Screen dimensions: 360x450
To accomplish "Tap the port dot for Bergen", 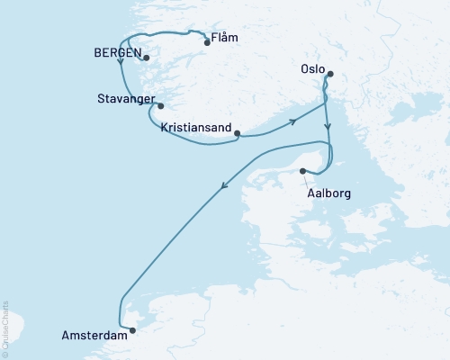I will click(x=146, y=58).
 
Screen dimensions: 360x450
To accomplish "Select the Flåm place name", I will click(x=229, y=41).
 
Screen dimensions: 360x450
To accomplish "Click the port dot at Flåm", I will click(x=207, y=41).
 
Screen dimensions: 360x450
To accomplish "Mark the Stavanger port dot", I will click(x=160, y=106).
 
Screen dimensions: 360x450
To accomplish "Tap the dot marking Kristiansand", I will click(x=237, y=134).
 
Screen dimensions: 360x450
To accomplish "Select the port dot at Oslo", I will click(x=330, y=74).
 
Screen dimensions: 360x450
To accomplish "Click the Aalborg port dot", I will click(x=302, y=171).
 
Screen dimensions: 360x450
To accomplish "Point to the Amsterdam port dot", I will click(x=133, y=329).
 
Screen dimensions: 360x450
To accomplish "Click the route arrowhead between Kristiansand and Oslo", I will click(x=292, y=121).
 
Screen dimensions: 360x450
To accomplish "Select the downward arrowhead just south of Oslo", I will click(x=328, y=128).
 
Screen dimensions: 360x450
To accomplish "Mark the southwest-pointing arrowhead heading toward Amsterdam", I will click(x=224, y=187).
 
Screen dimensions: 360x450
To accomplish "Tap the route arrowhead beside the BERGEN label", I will click(x=120, y=74).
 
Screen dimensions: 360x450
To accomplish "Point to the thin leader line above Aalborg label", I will click(x=312, y=180).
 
